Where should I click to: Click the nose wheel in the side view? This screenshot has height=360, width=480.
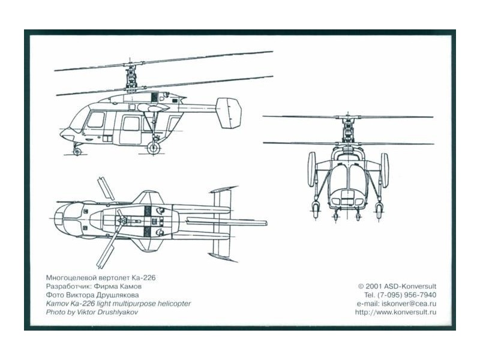pyautogui.click(x=77, y=151)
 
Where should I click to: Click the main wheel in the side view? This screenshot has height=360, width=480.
pyautogui.click(x=154, y=148)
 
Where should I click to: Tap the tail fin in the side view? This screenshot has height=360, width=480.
pyautogui.click(x=229, y=113)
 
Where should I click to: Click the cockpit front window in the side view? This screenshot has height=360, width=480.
pyautogui.click(x=96, y=119)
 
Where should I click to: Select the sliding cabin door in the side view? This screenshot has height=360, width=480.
pyautogui.click(x=131, y=129)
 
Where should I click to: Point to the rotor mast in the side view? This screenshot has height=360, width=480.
pyautogui.click(x=131, y=77)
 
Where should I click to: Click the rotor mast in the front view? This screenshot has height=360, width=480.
pyautogui.click(x=347, y=130)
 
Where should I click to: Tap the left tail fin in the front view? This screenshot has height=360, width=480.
pyautogui.click(x=311, y=169)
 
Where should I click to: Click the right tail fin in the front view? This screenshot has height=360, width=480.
pyautogui.click(x=385, y=170)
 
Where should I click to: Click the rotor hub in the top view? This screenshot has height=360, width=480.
pyautogui.click(x=122, y=220)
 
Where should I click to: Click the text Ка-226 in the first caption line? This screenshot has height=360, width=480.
pyautogui.click(x=143, y=278)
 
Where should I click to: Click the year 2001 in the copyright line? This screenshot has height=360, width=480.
pyautogui.click(x=373, y=287)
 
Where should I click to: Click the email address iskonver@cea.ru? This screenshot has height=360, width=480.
pyautogui.click(x=408, y=304)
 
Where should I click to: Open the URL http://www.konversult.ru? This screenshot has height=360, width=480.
pyautogui.click(x=396, y=312)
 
